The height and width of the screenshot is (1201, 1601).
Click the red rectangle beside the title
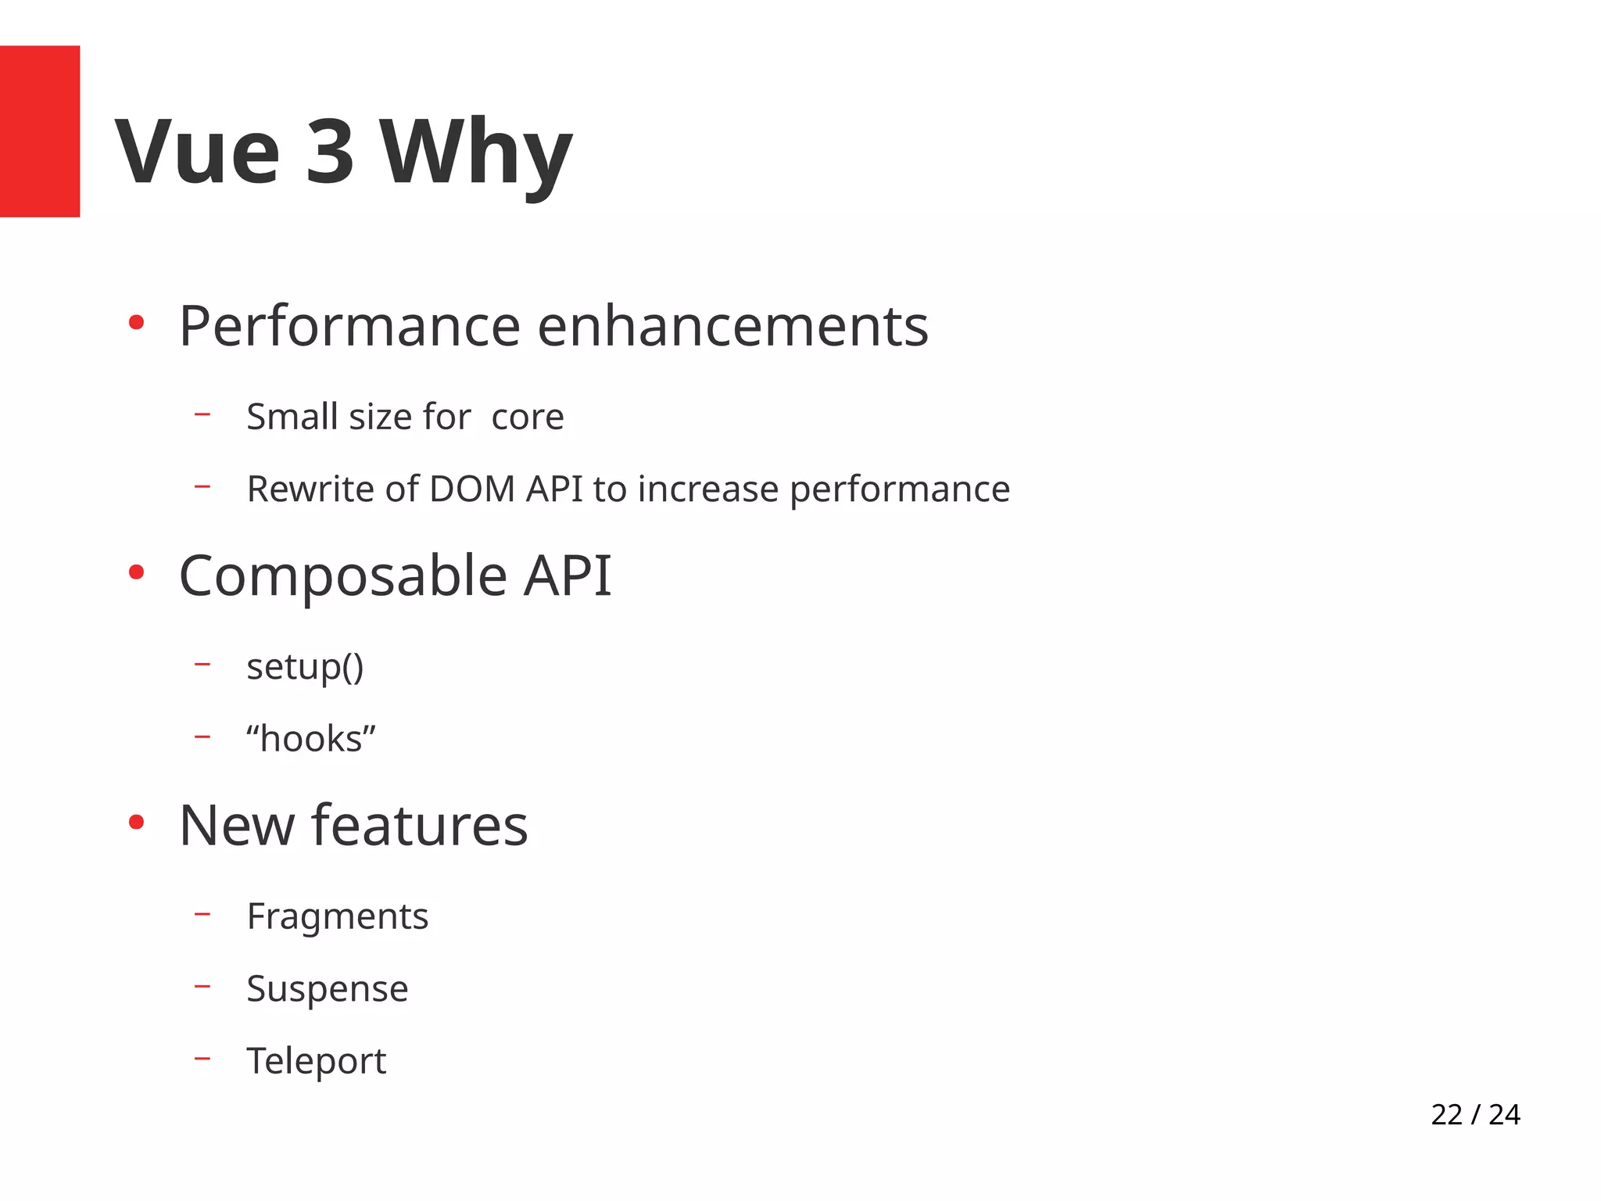[x=39, y=131]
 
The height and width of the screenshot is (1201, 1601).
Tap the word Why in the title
[x=476, y=152]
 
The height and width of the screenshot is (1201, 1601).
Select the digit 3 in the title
[x=329, y=152]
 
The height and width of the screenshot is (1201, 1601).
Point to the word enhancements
[x=732, y=327]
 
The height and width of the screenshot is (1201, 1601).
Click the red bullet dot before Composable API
[x=136, y=573]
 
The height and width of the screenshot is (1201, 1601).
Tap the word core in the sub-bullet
[x=527, y=417]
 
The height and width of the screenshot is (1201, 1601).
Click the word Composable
[x=343, y=576]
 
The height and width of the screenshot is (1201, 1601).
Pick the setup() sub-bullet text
[x=305, y=667]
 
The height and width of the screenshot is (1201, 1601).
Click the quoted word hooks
[x=311, y=739]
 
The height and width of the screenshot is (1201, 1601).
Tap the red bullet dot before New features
[x=136, y=823]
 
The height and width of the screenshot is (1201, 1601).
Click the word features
[x=420, y=826]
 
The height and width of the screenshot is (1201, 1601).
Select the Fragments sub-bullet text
[x=337, y=916]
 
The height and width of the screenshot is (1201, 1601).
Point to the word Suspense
[x=327, y=988]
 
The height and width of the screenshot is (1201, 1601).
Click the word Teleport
[x=316, y=1061]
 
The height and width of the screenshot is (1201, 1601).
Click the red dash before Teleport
[x=202, y=1059]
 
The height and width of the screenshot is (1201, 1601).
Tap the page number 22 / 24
[x=1474, y=1114]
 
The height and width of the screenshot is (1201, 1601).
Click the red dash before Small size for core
[x=202, y=414]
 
